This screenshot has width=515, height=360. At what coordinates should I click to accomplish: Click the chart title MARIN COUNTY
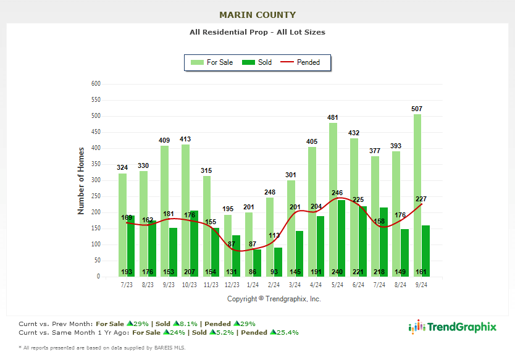click(257, 15)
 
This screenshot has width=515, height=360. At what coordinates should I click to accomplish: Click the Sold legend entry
click(257, 62)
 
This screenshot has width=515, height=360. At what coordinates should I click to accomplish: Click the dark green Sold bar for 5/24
click(337, 238)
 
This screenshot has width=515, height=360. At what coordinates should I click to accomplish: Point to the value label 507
click(417, 109)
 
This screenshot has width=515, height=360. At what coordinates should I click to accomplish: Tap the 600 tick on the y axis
click(95, 84)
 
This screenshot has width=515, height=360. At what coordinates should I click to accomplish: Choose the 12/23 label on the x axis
click(232, 285)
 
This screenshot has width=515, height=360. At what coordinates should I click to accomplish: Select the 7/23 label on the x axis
click(127, 285)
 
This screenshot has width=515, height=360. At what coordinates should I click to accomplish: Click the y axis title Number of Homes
click(81, 180)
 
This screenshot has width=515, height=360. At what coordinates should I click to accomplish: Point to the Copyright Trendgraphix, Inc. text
click(274, 299)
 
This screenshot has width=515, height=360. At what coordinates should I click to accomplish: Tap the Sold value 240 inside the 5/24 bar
click(337, 271)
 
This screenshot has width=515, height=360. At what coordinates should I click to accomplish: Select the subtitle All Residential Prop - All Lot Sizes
click(257, 32)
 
